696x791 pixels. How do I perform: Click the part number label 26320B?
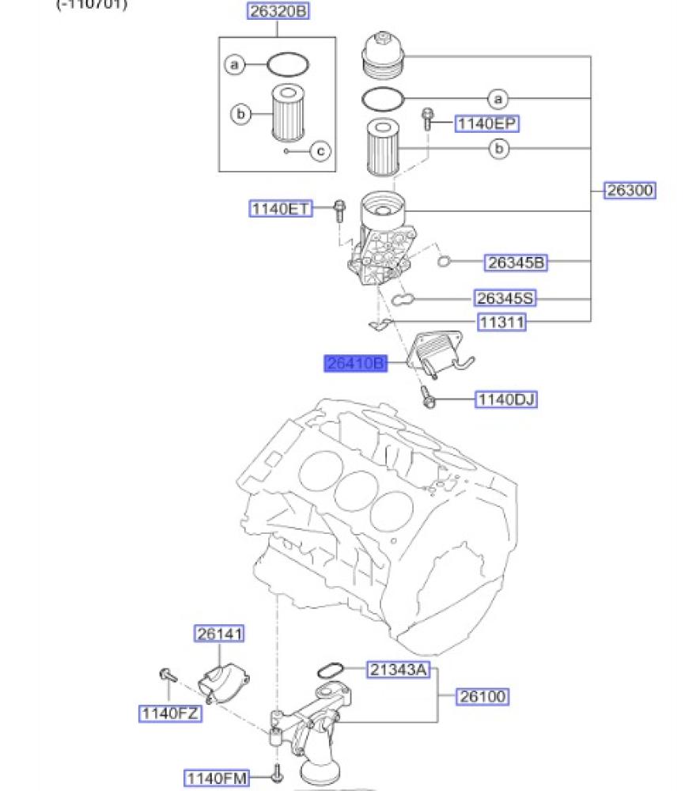[277, 12]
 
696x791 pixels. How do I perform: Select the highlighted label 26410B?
[356, 364]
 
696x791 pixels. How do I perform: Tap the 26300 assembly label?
[630, 191]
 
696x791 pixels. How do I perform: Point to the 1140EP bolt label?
[487, 123]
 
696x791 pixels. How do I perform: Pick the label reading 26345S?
[505, 298]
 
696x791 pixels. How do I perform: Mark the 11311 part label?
[501, 323]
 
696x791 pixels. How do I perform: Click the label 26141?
[221, 634]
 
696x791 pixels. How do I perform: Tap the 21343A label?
[398, 671]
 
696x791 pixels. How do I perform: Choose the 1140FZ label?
[168, 713]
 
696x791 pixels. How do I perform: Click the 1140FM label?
[217, 778]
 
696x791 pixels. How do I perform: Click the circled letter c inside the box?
[320, 150]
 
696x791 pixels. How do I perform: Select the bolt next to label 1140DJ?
[429, 398]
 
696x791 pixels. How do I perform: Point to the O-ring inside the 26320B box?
[287, 62]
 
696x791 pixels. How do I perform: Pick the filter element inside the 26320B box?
[288, 112]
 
